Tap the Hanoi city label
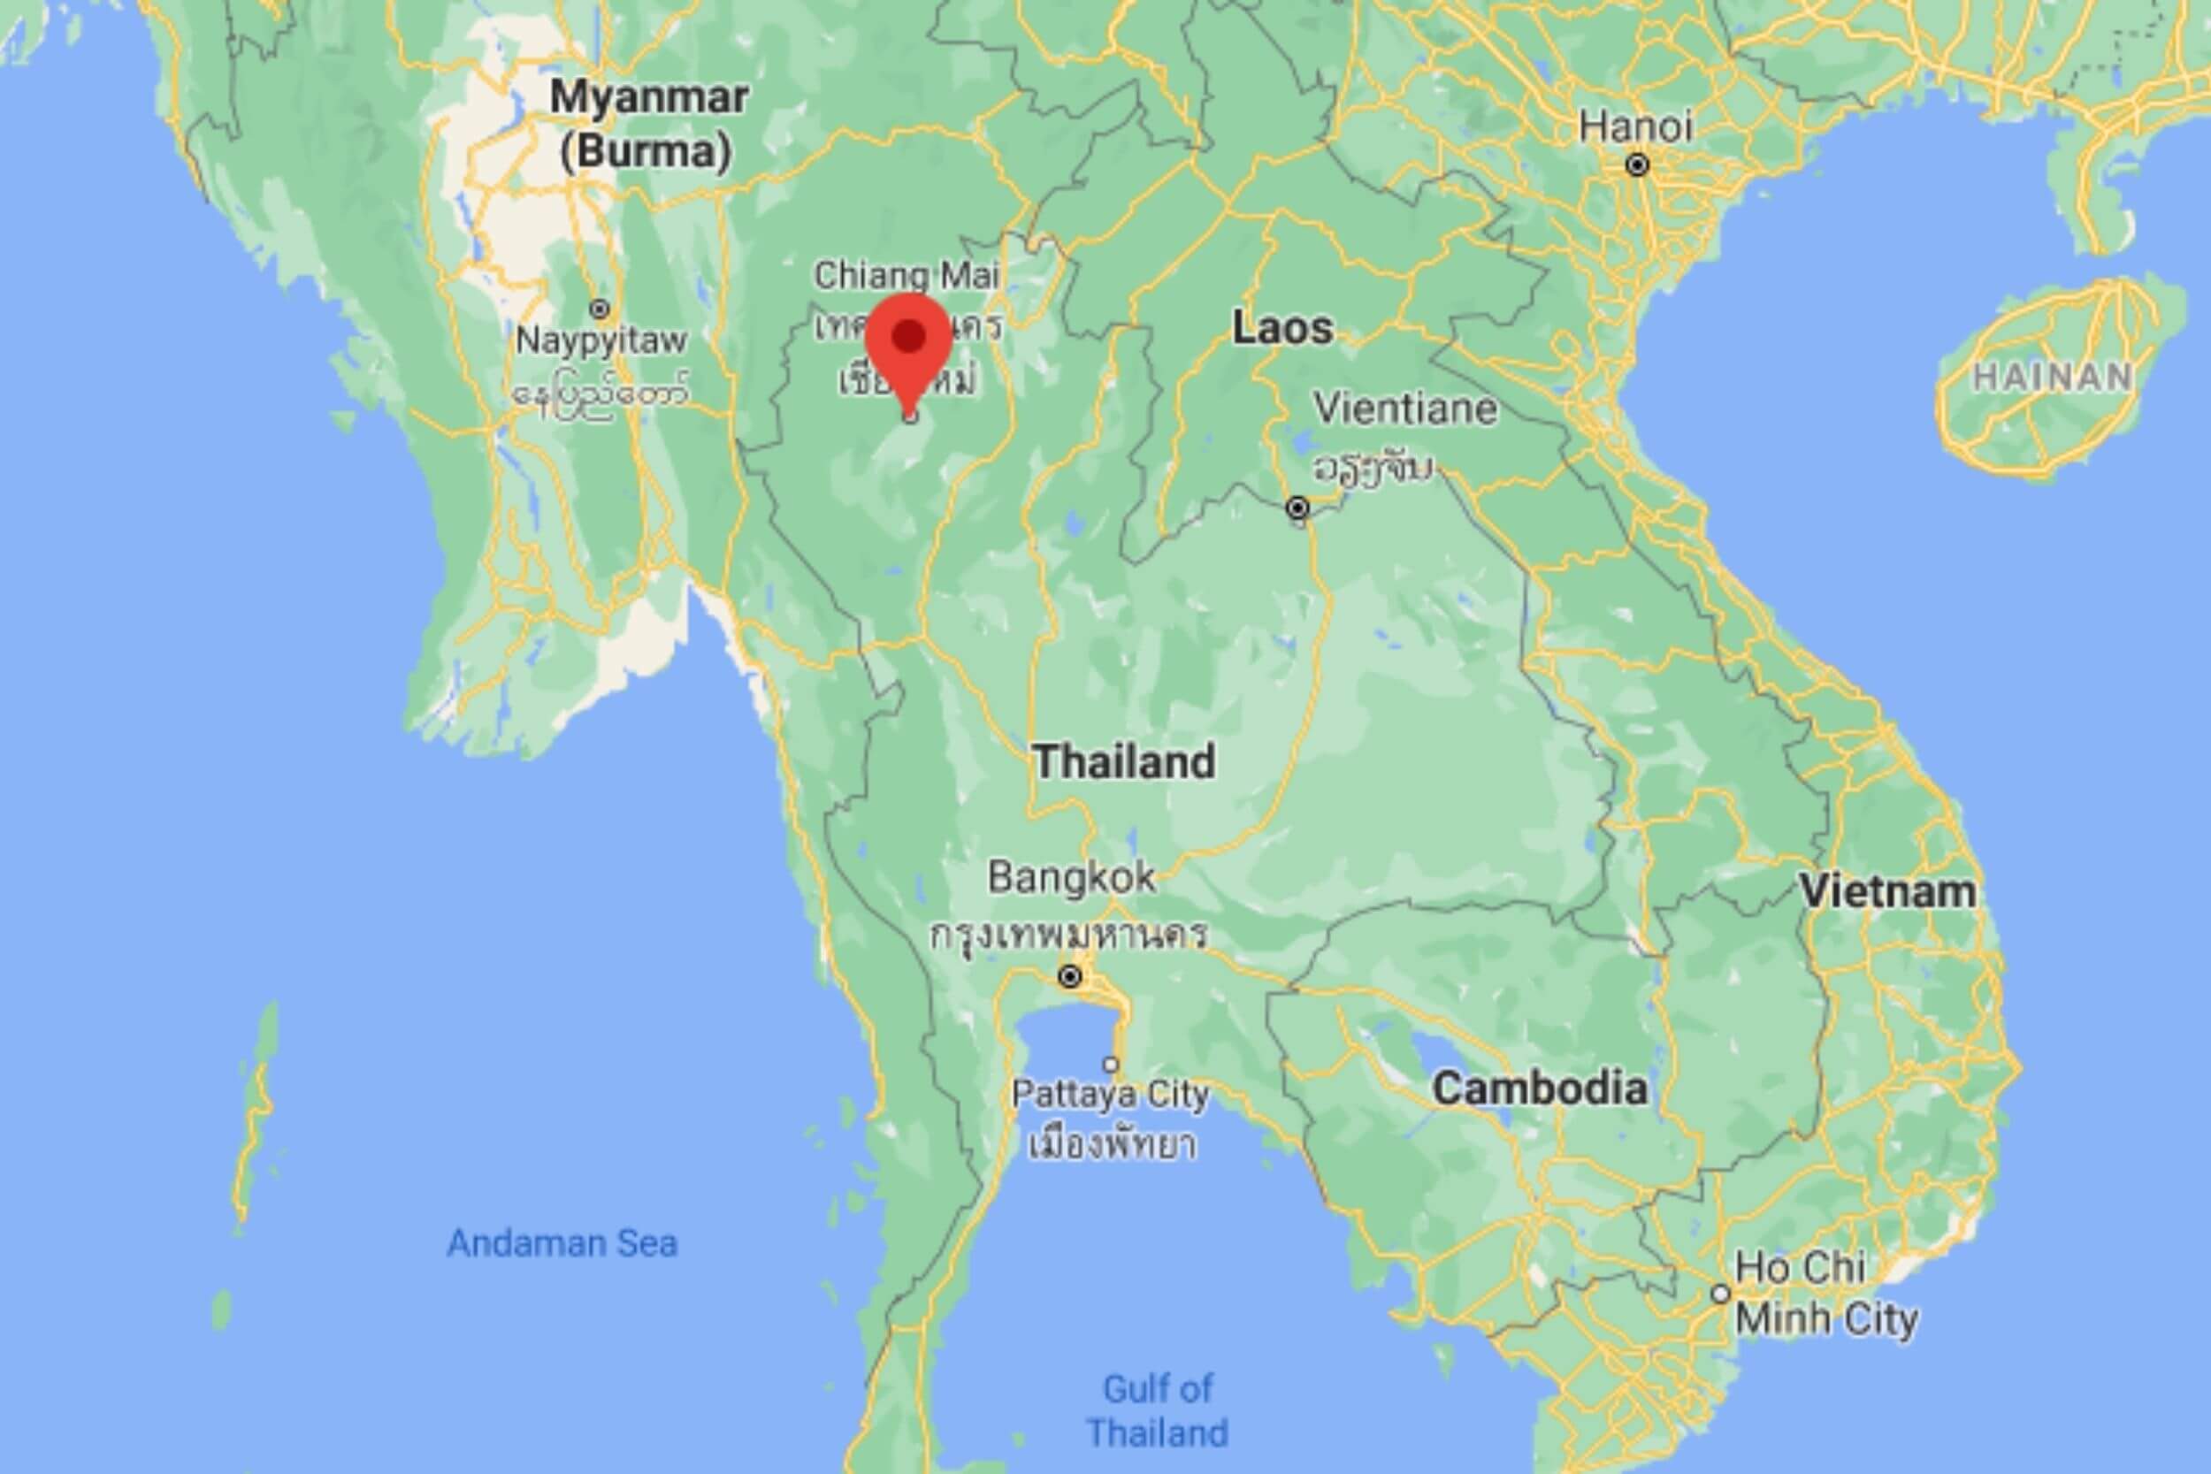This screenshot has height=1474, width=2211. [x=1634, y=127]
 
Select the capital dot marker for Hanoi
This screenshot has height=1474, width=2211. [x=1638, y=165]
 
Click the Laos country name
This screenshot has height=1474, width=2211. [x=1282, y=328]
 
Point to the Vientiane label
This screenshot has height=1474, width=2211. [x=1404, y=409]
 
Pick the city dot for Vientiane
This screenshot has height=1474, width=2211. [x=1297, y=508]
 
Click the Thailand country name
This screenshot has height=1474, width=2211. [x=1124, y=760]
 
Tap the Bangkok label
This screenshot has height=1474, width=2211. [x=1071, y=878]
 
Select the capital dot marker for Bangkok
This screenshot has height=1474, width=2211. [x=1070, y=977]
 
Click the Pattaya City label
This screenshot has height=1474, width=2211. [x=1109, y=1094]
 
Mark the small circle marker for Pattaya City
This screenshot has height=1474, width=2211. [x=1111, y=1064]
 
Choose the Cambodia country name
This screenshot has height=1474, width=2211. [x=1539, y=1088]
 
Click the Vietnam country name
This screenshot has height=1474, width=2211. [x=1887, y=891]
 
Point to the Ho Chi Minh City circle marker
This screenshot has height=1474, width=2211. [x=1720, y=1294]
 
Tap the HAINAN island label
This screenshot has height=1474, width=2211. [x=2051, y=378]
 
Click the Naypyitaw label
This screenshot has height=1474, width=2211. [x=601, y=340]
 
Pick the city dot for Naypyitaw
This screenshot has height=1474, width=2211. [x=600, y=309]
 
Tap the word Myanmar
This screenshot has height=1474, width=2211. [x=648, y=98]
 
